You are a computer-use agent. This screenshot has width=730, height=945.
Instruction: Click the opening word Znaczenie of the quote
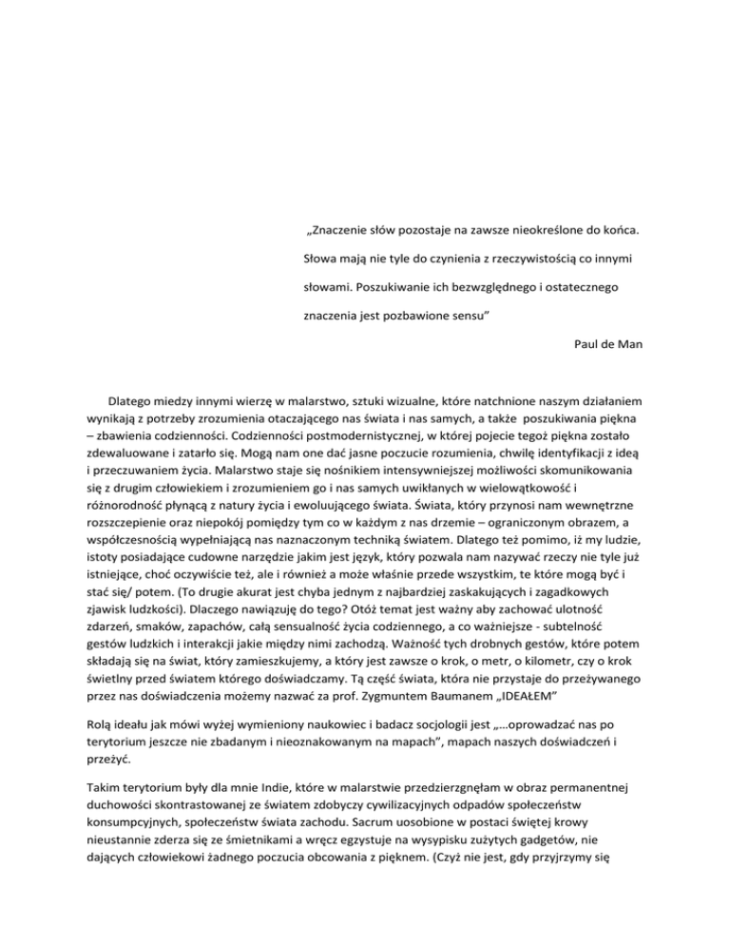[344, 231]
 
